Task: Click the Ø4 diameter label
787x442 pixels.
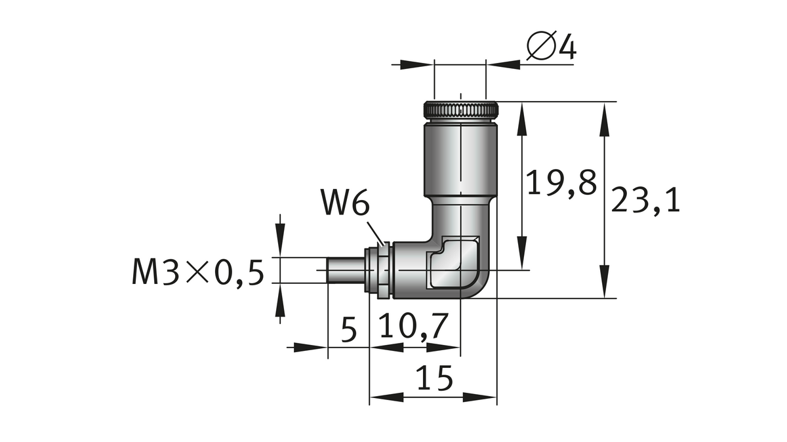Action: (x=551, y=47)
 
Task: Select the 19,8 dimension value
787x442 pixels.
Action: (x=562, y=184)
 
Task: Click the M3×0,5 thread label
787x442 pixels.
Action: (x=197, y=272)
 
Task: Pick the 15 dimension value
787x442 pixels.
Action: (x=434, y=379)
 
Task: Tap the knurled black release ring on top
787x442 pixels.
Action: (x=460, y=110)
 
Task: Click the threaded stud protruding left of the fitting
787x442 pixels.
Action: (x=344, y=270)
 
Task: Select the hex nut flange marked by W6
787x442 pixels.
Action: (x=378, y=270)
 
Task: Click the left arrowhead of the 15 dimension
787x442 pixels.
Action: (x=380, y=397)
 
